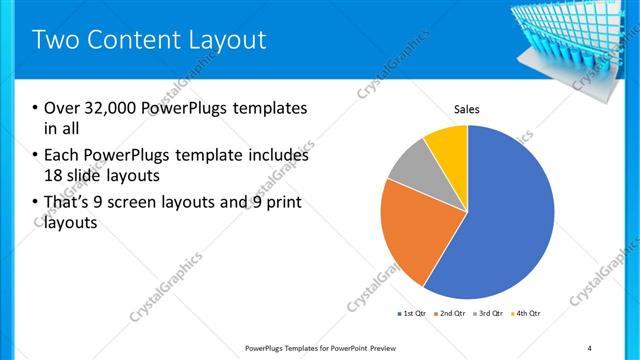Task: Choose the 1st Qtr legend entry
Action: coord(411,315)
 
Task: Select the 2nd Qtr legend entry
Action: coord(450,315)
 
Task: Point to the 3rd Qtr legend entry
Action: coord(488,315)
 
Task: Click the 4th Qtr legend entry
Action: coord(526,315)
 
